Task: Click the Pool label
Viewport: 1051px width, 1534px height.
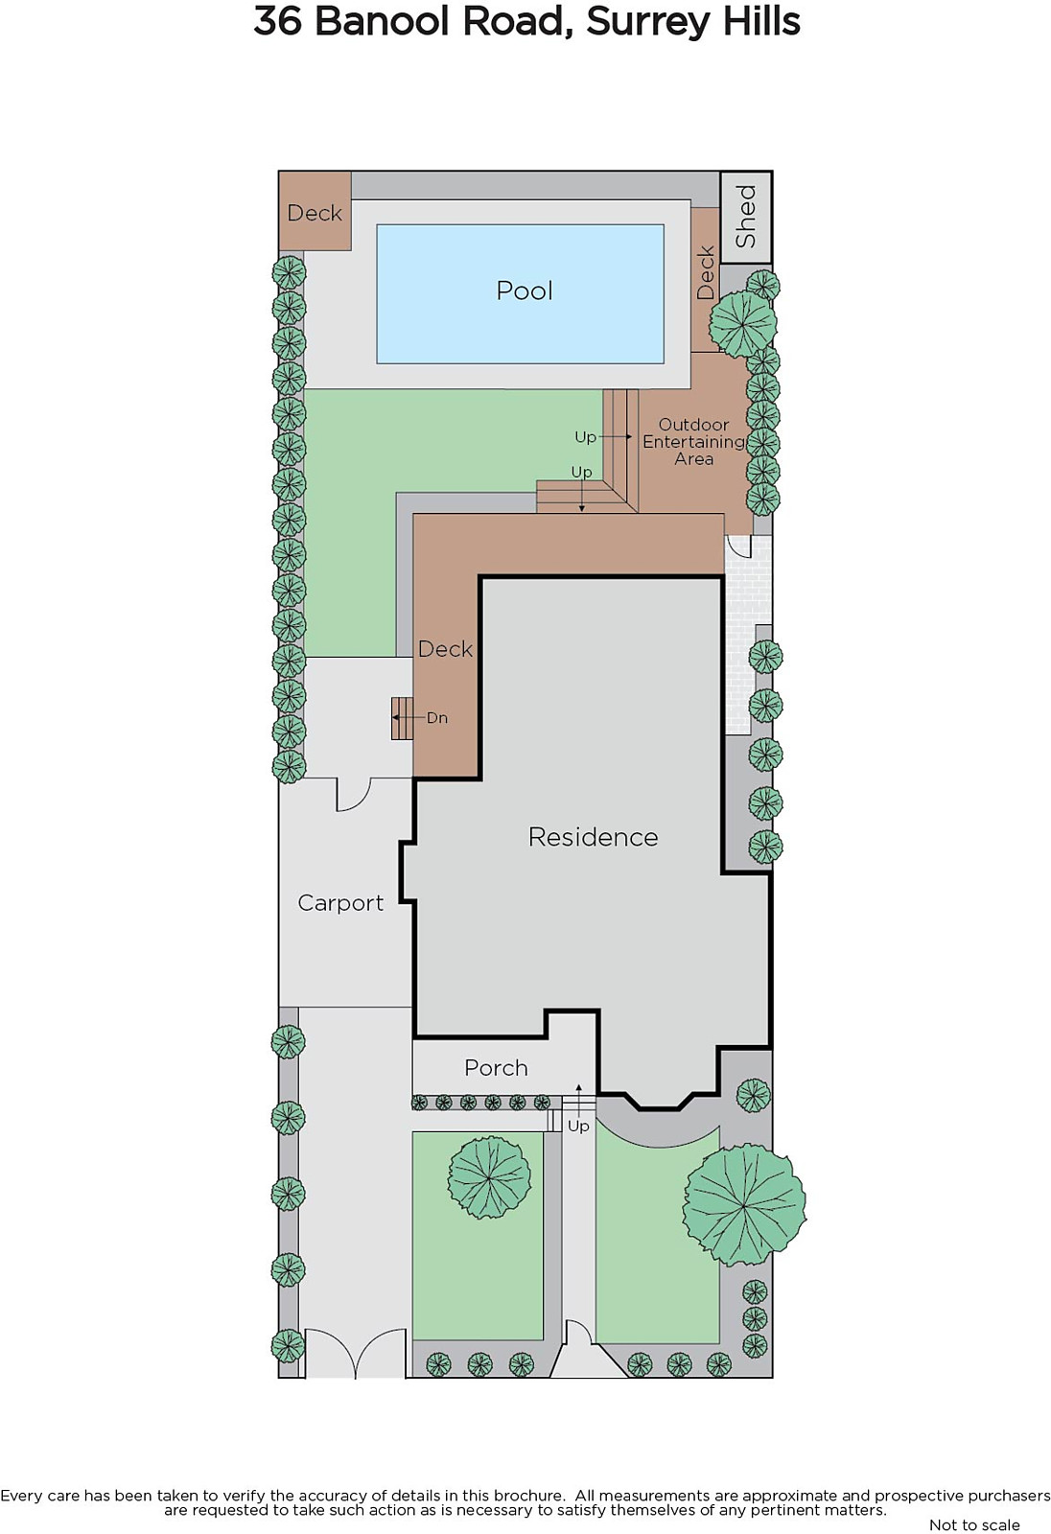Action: (x=525, y=291)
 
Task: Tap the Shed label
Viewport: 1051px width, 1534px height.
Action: (x=745, y=217)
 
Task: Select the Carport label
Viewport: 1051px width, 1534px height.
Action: (x=340, y=903)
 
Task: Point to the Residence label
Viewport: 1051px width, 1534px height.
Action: (x=593, y=837)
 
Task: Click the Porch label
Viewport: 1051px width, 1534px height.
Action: (x=496, y=1068)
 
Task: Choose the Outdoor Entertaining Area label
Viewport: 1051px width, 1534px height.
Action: (x=693, y=442)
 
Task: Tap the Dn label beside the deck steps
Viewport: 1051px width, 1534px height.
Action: (x=437, y=718)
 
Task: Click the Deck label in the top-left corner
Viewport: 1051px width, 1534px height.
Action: (x=315, y=213)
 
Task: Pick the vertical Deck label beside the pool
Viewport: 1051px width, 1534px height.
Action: (x=705, y=272)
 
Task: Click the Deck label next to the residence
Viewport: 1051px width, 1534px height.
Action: (x=445, y=648)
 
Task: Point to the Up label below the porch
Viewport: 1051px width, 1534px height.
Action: (x=578, y=1126)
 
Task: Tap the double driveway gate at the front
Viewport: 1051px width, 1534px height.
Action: (x=356, y=1353)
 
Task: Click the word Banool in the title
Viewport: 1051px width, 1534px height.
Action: (x=381, y=22)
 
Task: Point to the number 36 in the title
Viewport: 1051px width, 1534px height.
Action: (x=277, y=22)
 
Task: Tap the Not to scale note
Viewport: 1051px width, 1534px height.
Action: (x=974, y=1524)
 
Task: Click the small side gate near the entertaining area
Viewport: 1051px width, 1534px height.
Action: (x=740, y=546)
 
